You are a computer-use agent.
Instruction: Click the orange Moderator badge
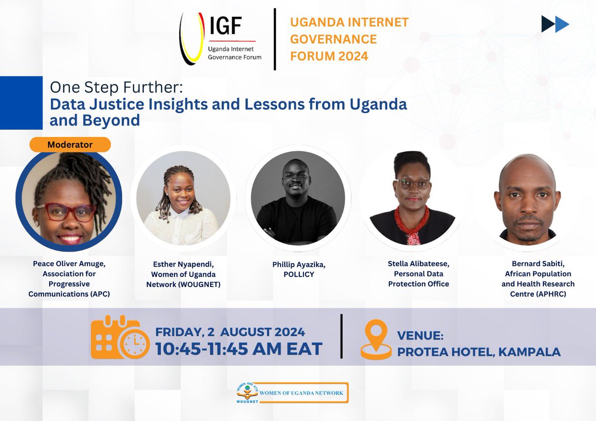[70, 145]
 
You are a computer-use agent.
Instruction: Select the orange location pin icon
[375, 339]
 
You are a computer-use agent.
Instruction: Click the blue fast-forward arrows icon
[555, 24]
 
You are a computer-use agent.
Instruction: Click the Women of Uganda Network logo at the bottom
[292, 393]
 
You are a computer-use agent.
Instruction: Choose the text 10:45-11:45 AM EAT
[239, 349]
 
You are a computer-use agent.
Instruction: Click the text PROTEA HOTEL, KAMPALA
[479, 352]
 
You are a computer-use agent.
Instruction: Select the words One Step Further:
[116, 88]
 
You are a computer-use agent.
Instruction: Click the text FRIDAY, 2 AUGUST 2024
[230, 332]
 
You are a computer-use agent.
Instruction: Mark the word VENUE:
[420, 336]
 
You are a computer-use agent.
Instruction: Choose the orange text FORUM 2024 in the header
[329, 56]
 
